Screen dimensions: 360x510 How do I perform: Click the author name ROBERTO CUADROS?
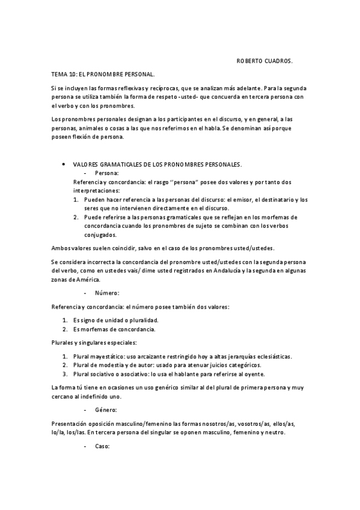pyautogui.click(x=264, y=61)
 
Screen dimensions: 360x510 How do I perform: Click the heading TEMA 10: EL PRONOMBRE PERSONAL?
pyautogui.click(x=103, y=75)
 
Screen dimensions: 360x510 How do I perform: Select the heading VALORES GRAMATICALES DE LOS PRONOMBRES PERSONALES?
pyautogui.click(x=157, y=164)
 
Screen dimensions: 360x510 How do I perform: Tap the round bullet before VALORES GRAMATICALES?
pyautogui.click(x=63, y=164)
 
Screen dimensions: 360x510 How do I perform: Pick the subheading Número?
pyautogui.click(x=106, y=293)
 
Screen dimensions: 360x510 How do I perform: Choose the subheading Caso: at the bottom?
pyautogui.click(x=102, y=447)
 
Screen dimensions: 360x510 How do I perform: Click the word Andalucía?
pyautogui.click(x=223, y=271)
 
